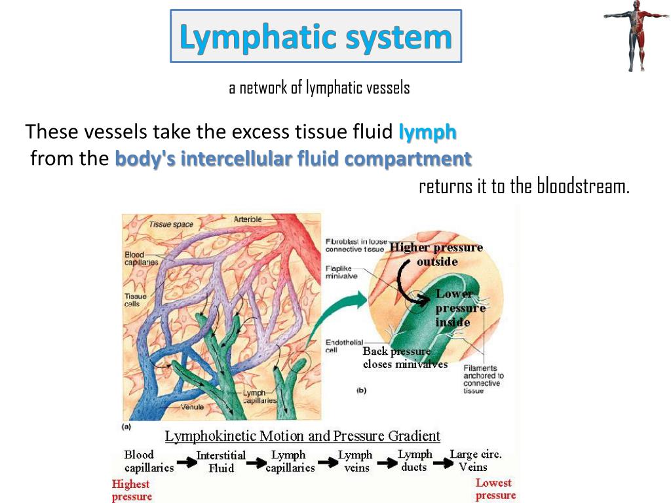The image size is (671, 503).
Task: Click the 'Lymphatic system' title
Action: pyautogui.click(x=316, y=37)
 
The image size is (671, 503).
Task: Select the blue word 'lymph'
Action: pyautogui.click(x=427, y=132)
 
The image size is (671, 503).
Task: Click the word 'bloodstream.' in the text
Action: pyautogui.click(x=583, y=187)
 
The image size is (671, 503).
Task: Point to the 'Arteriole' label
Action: pyautogui.click(x=248, y=219)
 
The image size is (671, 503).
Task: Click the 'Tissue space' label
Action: pyautogui.click(x=171, y=225)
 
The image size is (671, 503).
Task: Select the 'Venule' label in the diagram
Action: pyautogui.click(x=192, y=407)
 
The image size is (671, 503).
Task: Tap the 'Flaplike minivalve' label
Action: pyautogui.click(x=341, y=272)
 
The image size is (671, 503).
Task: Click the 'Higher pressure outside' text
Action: pyautogui.click(x=436, y=254)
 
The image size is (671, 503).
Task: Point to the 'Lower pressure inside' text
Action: pyautogui.click(x=460, y=308)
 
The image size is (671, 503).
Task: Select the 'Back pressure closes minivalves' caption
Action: pyautogui.click(x=405, y=358)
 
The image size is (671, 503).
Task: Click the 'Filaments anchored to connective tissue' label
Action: pyautogui.click(x=484, y=379)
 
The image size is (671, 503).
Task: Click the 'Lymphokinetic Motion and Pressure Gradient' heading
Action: pyautogui.click(x=302, y=436)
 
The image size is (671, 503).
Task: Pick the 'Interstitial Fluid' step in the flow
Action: pyautogui.click(x=221, y=462)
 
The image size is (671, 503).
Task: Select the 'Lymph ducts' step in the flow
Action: pyautogui.click(x=415, y=460)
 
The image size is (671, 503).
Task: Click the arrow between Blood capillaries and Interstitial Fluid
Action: pyautogui.click(x=186, y=462)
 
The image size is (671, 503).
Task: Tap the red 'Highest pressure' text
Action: pyautogui.click(x=131, y=490)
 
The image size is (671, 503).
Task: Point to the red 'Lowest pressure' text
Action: pyautogui.click(x=495, y=489)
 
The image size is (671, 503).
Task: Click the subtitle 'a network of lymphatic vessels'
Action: pyautogui.click(x=319, y=88)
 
